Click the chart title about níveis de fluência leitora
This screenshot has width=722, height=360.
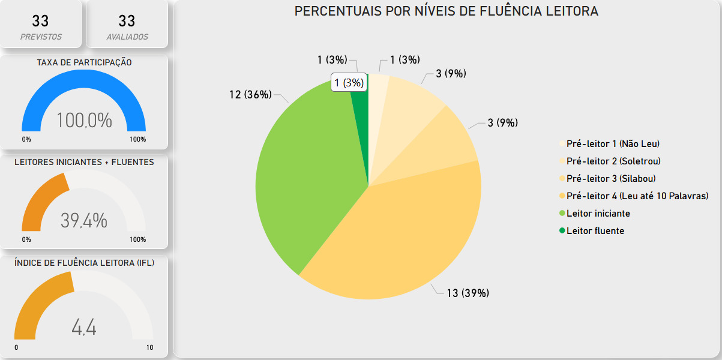(x=446, y=11)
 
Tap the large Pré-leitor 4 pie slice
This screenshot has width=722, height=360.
(x=396, y=240)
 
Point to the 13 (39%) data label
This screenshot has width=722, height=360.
(x=468, y=293)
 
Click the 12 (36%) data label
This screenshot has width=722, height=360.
(x=250, y=95)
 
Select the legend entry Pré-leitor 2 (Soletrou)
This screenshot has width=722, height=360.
(x=613, y=161)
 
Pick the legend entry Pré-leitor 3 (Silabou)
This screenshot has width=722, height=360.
(x=610, y=178)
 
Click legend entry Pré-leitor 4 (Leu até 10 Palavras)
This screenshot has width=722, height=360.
(x=637, y=196)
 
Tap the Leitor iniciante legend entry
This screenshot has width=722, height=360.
(x=598, y=213)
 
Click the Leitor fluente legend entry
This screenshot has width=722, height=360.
(x=595, y=230)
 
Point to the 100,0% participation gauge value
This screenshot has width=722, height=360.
(x=84, y=121)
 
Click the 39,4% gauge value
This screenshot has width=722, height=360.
(x=84, y=221)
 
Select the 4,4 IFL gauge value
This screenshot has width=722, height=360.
(x=84, y=328)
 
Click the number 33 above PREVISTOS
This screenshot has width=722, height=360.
(x=41, y=22)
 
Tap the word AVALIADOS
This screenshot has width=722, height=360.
(x=127, y=37)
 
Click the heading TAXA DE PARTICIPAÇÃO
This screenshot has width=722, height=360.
(x=84, y=62)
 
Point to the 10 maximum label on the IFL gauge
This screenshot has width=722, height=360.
(x=149, y=348)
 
